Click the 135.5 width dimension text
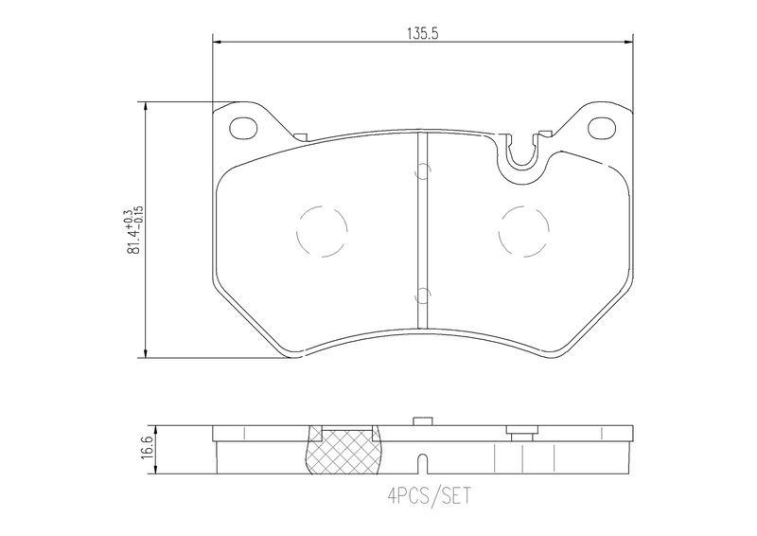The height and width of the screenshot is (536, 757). coord(422,34)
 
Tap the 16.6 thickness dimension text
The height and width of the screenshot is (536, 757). coord(148,448)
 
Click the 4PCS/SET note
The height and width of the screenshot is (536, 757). coord(429,496)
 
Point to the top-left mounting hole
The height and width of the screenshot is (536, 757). coord(243,128)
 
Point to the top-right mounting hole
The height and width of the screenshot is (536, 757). coord(602,128)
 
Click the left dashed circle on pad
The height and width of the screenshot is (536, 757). coord(323,231)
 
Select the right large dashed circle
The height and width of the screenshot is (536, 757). coord(524,231)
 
